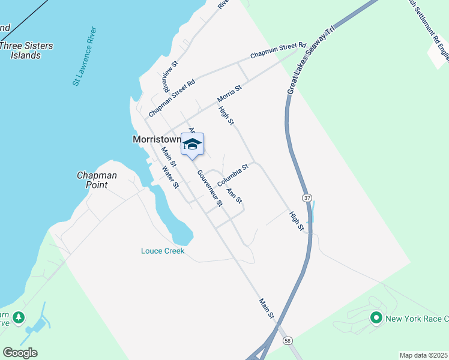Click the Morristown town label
(x=156, y=139)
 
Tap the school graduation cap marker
(x=192, y=145)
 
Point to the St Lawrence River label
(x=85, y=56)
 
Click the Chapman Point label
(x=97, y=180)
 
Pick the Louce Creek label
(x=163, y=251)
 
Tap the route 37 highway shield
(x=307, y=198)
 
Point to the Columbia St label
(x=233, y=175)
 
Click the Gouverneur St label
(x=210, y=188)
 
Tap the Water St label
(x=170, y=177)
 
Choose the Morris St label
(x=229, y=93)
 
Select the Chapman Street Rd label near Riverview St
(x=172, y=98)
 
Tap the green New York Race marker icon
(x=376, y=317)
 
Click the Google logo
(x=20, y=353)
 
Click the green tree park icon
(x=19, y=316)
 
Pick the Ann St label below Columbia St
(x=234, y=196)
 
